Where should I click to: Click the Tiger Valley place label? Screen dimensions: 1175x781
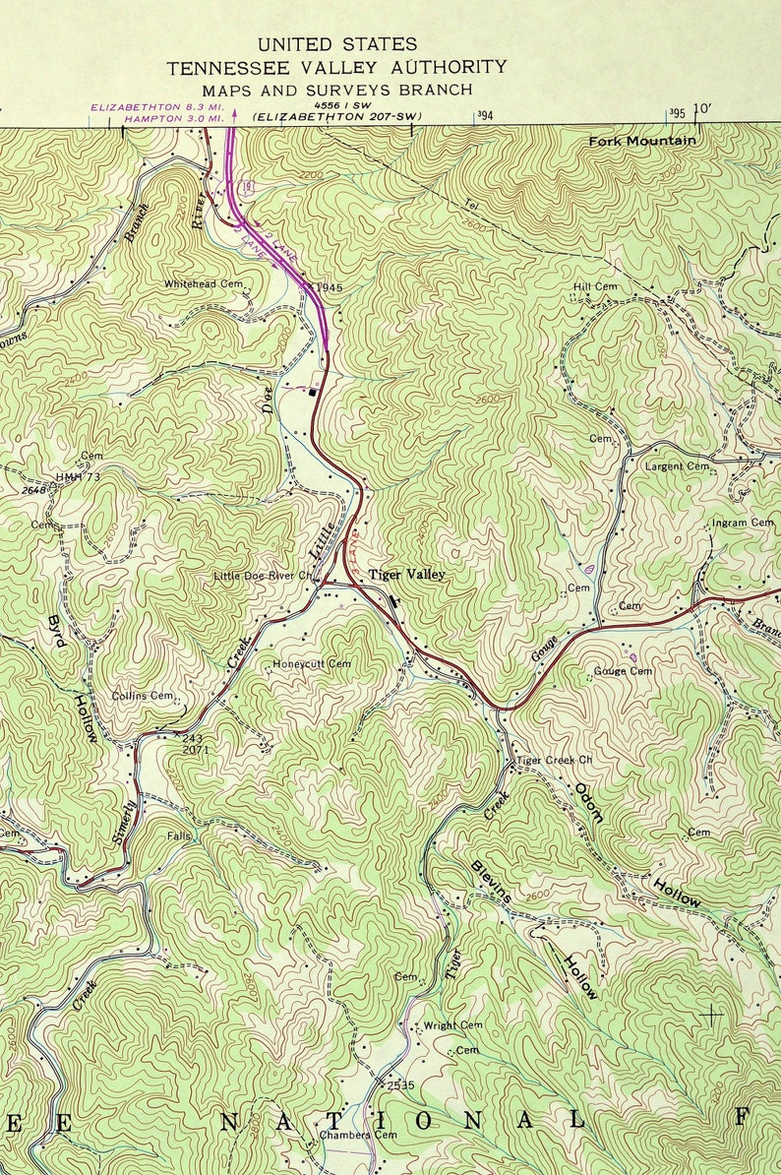point(406,575)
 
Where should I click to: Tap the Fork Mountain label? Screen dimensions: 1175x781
point(641,142)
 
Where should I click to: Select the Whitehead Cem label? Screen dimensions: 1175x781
point(204,283)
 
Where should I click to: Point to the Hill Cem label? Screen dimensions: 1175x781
point(595,286)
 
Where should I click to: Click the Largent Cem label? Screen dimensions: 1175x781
point(677,466)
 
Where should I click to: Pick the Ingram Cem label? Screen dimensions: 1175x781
point(743,523)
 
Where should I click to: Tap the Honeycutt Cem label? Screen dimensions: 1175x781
point(312,664)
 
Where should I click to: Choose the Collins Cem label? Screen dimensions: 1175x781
point(142,696)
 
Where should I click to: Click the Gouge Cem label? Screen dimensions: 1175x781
point(623,671)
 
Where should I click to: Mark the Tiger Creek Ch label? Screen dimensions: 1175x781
point(555,761)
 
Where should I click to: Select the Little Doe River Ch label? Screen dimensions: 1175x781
point(263,576)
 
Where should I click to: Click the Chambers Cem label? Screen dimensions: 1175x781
point(344,1135)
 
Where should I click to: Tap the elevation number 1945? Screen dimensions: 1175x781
point(330,287)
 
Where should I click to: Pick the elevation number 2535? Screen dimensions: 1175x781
point(400,1085)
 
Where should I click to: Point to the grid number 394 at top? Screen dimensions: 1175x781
point(484,115)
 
